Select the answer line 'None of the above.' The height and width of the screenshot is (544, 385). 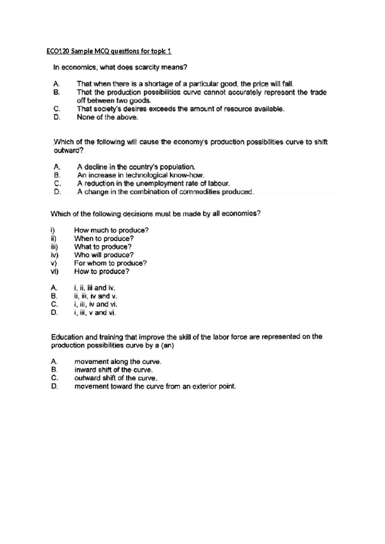pos(107,117)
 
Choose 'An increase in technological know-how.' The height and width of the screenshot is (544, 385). pos(141,175)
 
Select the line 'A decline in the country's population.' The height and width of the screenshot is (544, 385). pos(136,167)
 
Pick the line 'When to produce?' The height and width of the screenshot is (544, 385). pos(104,239)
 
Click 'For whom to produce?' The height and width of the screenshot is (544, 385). pos(110,263)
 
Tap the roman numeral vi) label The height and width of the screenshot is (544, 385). pos(54,272)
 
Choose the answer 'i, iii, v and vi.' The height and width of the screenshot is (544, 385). pos(95,313)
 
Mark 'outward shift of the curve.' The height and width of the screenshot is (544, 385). pos(116,378)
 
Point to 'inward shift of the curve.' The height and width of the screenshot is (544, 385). pos(111,370)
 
